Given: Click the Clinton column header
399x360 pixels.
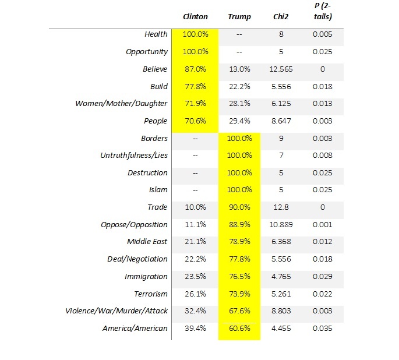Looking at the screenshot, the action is [x=195, y=17].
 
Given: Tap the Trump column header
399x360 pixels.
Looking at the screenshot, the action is [x=239, y=17].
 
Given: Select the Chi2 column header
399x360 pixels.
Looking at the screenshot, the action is [x=281, y=17].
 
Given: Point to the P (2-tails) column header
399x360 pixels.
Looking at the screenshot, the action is [x=323, y=12].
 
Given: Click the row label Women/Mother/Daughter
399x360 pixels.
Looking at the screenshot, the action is [x=121, y=104].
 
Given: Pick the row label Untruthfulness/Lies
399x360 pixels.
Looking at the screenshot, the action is [x=134, y=155].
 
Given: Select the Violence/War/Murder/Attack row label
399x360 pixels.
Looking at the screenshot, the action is [x=116, y=310].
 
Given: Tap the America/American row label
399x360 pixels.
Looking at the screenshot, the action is [x=135, y=328].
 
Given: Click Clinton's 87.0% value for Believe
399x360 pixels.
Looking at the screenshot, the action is [x=195, y=69].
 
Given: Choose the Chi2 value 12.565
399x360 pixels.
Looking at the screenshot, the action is [x=281, y=69].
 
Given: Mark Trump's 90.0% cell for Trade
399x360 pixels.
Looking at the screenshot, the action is [x=239, y=207].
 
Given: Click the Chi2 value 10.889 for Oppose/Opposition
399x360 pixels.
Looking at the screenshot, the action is [x=281, y=225].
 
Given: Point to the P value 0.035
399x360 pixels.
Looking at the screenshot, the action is [x=323, y=328].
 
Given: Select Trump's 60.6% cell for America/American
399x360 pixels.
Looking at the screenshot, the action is [x=239, y=328].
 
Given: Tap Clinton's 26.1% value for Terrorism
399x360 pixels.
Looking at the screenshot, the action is [x=195, y=294].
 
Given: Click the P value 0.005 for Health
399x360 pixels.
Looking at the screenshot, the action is [x=323, y=34].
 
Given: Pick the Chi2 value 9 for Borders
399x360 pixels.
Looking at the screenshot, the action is [x=281, y=139].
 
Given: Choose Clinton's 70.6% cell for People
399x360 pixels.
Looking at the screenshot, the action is [x=195, y=121].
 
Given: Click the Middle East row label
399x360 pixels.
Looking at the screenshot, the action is [x=147, y=241].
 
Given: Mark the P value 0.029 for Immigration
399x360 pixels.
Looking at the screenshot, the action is [x=323, y=277].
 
